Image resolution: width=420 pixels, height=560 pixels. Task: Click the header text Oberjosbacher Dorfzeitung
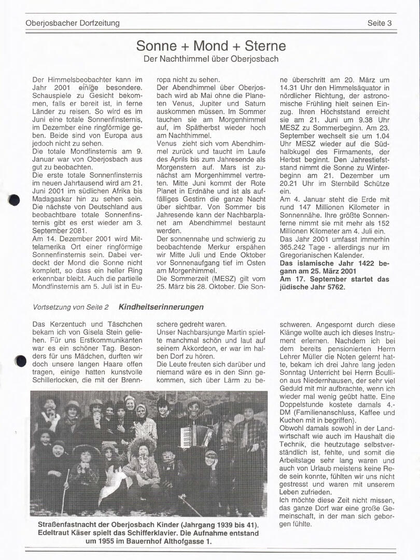pos(73,23)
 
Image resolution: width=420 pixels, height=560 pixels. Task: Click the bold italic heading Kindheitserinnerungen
pos(161,307)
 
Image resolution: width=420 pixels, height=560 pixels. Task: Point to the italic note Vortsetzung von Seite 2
pos(71,307)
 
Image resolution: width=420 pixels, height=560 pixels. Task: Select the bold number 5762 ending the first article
pos(335,287)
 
